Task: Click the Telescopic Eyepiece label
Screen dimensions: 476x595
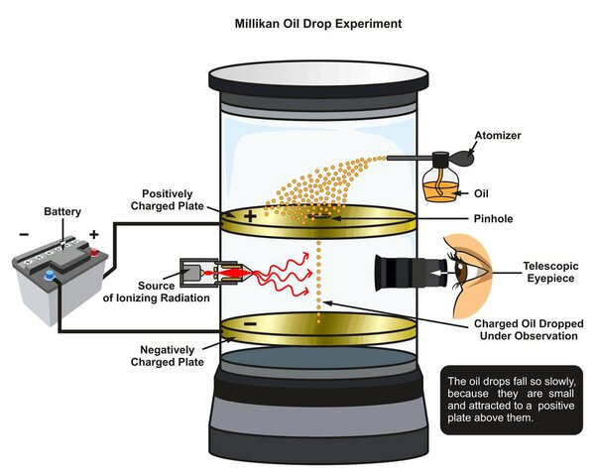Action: pyautogui.click(x=551, y=273)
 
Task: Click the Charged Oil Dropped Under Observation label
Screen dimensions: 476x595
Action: pyautogui.click(x=526, y=330)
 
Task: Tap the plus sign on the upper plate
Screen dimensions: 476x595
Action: pyautogui.click(x=251, y=214)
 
